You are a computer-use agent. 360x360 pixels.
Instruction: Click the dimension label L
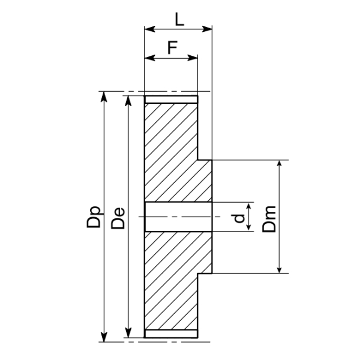click(179, 19)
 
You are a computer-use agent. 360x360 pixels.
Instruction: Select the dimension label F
click(172, 47)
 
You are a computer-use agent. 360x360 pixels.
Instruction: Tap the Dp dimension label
click(94, 217)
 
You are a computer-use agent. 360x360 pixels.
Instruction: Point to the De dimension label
click(118, 218)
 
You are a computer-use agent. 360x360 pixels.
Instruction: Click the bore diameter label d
click(239, 218)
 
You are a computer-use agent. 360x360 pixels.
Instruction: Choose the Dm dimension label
click(269, 219)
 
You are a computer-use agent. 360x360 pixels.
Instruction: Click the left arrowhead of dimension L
click(149, 29)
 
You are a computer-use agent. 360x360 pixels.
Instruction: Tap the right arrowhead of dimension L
click(206, 29)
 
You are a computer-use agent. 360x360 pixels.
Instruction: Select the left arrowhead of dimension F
click(149, 58)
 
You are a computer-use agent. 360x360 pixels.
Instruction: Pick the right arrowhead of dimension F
click(193, 58)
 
